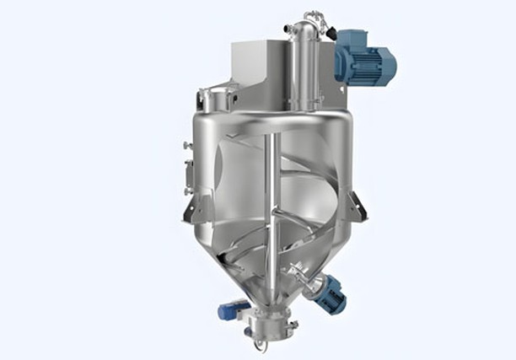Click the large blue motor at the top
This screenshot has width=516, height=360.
pos(361,61)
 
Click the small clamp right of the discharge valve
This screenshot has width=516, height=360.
pos(294,325)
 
